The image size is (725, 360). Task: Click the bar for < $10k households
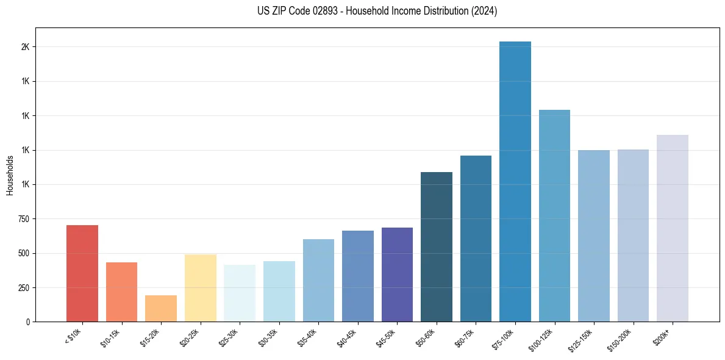coord(82,273)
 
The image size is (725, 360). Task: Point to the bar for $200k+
coord(672,228)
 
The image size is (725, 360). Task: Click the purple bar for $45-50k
coord(397,275)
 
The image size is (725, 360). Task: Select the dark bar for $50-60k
coord(436,247)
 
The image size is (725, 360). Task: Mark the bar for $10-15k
coord(121,292)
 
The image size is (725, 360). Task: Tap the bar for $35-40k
coord(318,280)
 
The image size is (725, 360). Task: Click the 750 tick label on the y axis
coord(24,219)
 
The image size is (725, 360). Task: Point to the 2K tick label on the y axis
coord(26,47)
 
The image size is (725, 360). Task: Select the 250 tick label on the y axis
coord(24,287)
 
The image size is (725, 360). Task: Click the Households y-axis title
coord(10,175)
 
